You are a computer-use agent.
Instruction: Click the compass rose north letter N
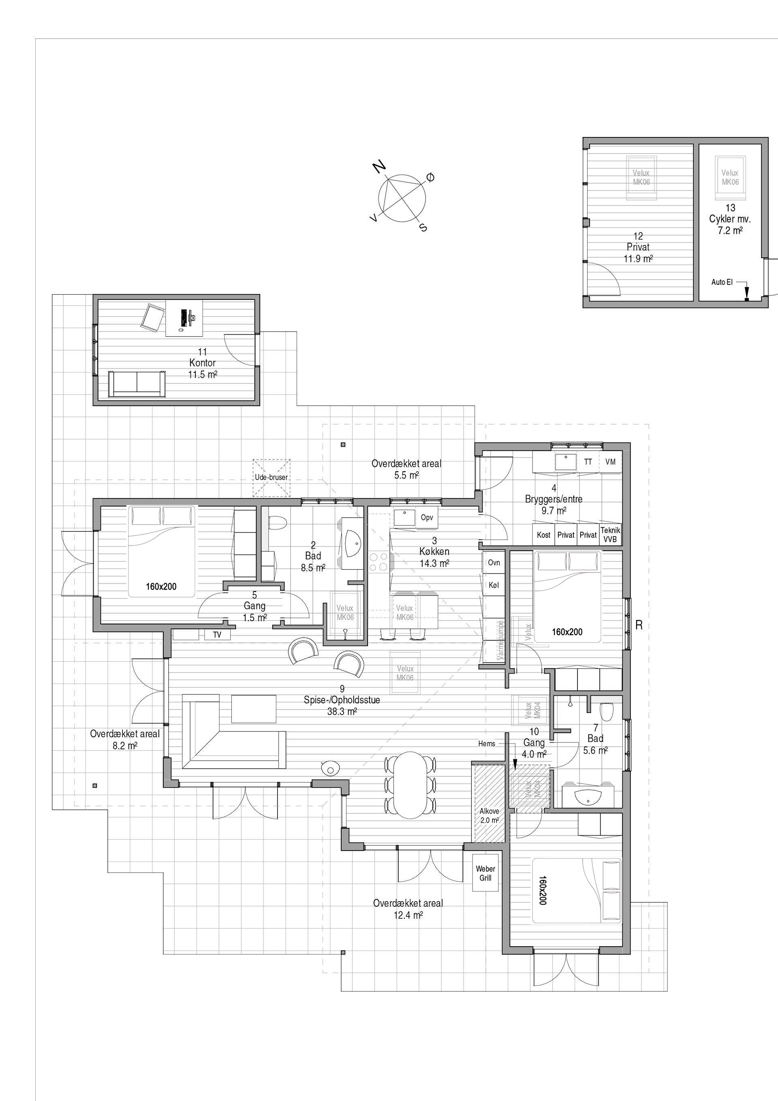pos(379,167)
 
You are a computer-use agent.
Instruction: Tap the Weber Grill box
pos(485,873)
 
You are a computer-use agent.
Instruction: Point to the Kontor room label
pos(203,363)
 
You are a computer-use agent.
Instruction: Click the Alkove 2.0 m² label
pos(489,816)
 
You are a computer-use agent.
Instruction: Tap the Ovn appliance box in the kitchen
pos(494,562)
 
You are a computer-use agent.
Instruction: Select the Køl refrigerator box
pos(494,585)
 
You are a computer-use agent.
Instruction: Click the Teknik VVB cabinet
pos(611,534)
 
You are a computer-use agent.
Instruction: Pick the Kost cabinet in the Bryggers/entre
pos(543,534)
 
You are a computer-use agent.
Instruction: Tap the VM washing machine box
pos(611,462)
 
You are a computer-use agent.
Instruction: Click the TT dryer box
pos(588,462)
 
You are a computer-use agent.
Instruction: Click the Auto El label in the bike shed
pos(722,282)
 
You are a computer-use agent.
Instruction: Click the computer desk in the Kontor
pos(184,318)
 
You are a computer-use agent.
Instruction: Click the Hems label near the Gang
pos(486,744)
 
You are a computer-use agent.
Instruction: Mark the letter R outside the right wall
pos(639,625)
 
